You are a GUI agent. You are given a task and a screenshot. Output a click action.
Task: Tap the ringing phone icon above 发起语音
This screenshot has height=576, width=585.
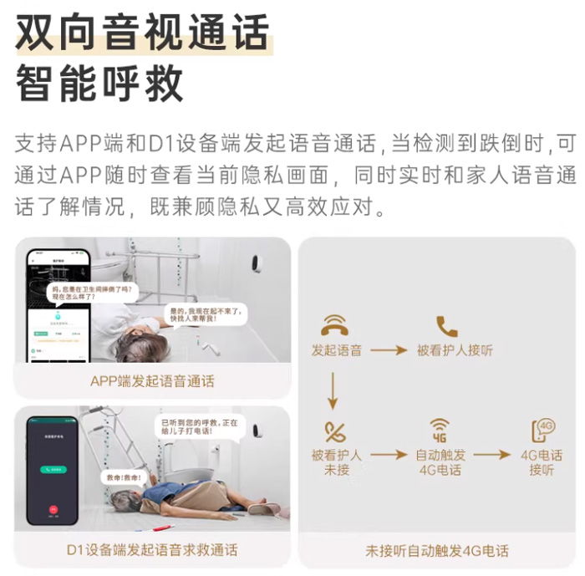(336, 325)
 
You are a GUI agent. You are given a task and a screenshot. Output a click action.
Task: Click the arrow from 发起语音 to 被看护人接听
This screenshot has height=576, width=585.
(389, 350)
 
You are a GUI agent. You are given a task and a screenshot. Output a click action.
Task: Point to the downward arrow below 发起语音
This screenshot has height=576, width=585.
(334, 394)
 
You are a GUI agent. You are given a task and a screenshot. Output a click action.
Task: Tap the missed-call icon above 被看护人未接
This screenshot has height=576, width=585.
(336, 432)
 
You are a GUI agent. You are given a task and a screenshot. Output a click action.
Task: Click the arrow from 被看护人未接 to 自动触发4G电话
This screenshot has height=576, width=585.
(389, 456)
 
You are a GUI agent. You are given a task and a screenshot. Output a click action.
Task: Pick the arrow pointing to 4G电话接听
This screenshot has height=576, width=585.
(491, 456)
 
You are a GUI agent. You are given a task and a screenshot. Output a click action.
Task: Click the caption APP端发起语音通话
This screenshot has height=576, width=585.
(152, 381)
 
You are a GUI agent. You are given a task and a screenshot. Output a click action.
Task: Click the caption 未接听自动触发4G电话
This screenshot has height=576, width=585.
(437, 550)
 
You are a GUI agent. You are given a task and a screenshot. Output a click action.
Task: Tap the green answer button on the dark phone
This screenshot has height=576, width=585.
(53, 471)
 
